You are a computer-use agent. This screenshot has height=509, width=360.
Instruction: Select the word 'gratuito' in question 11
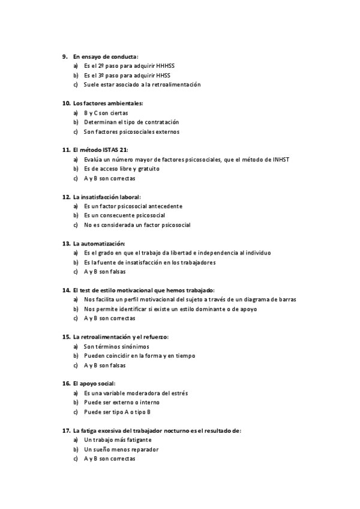point(148,169)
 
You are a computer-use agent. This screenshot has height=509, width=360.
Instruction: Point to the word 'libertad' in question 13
point(191,253)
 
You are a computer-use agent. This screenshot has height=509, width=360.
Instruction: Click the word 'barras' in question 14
point(287,300)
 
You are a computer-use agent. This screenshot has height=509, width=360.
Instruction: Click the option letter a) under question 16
point(76,393)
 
